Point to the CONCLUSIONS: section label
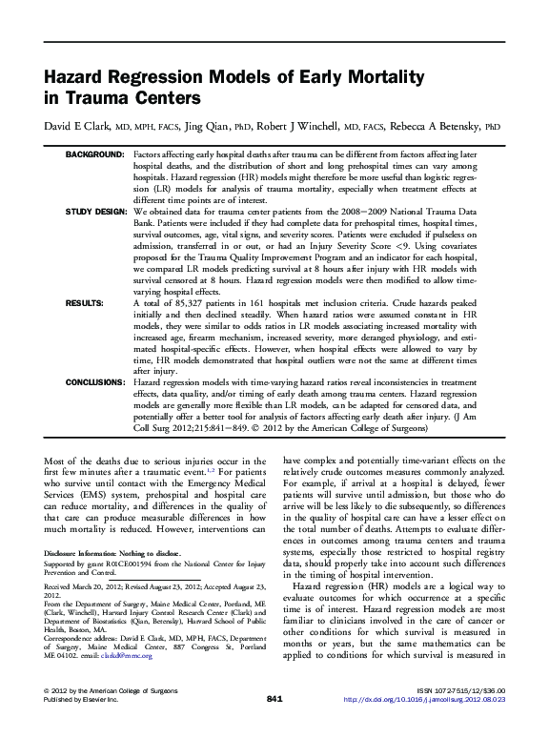94,381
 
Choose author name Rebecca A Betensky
432,127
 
